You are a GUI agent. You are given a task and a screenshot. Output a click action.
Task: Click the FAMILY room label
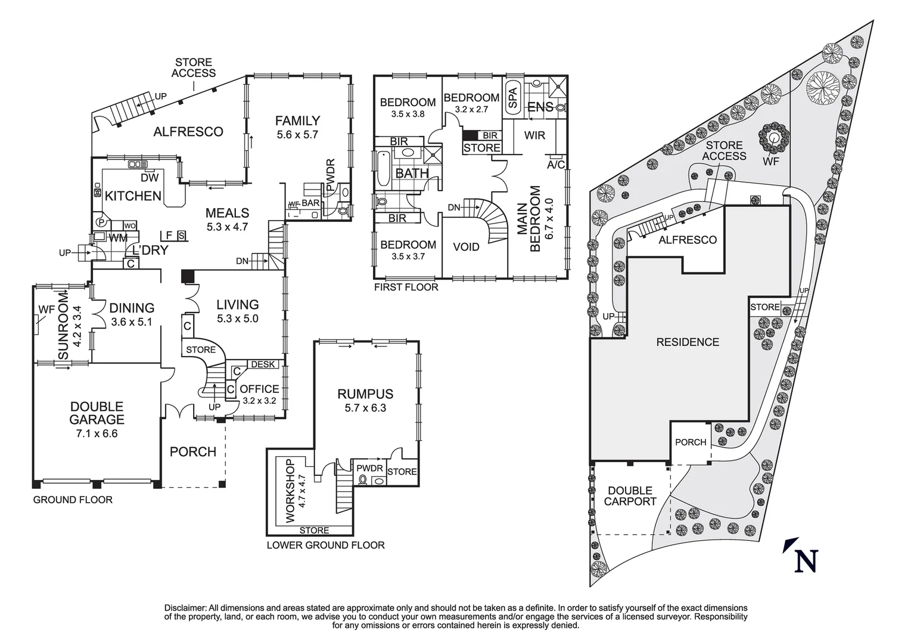(298, 120)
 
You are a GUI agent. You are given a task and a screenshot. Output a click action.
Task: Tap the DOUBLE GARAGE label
(97, 413)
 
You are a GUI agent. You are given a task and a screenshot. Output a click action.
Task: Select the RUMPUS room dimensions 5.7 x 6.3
(365, 407)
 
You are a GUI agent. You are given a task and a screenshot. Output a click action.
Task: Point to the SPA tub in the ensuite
(513, 98)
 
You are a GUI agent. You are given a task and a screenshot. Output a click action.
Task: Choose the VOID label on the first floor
(466, 247)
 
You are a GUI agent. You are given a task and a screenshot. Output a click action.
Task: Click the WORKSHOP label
(290, 491)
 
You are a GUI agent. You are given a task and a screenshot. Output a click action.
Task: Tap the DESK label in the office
(263, 364)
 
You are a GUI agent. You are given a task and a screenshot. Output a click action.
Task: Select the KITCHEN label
(133, 196)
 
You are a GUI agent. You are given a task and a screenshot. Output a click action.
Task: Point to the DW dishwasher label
(150, 178)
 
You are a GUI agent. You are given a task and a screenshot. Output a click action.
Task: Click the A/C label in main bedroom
(556, 165)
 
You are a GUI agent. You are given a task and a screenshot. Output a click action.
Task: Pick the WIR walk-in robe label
(534, 135)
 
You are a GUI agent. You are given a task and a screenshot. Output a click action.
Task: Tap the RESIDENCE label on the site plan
(688, 342)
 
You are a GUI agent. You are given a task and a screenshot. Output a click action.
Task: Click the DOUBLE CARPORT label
(630, 496)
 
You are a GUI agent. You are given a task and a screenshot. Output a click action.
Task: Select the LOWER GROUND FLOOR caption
(325, 545)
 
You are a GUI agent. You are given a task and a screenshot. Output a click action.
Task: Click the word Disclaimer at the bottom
(185, 608)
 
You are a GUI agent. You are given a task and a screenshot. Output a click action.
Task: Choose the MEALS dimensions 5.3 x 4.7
(227, 227)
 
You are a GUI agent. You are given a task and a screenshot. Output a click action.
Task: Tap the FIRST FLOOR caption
(406, 287)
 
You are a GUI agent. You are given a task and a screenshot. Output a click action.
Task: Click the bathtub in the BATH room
(383, 169)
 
